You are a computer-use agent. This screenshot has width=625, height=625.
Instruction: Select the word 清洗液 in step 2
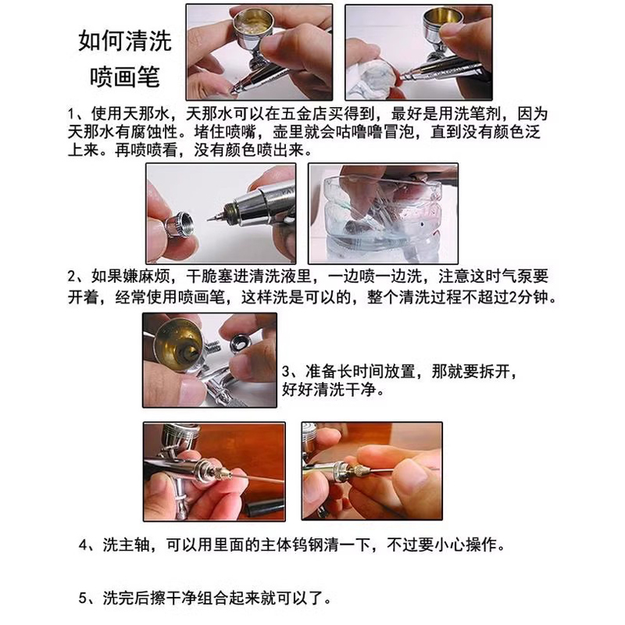(269, 279)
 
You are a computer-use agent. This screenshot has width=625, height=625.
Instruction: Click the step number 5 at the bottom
(84, 600)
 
